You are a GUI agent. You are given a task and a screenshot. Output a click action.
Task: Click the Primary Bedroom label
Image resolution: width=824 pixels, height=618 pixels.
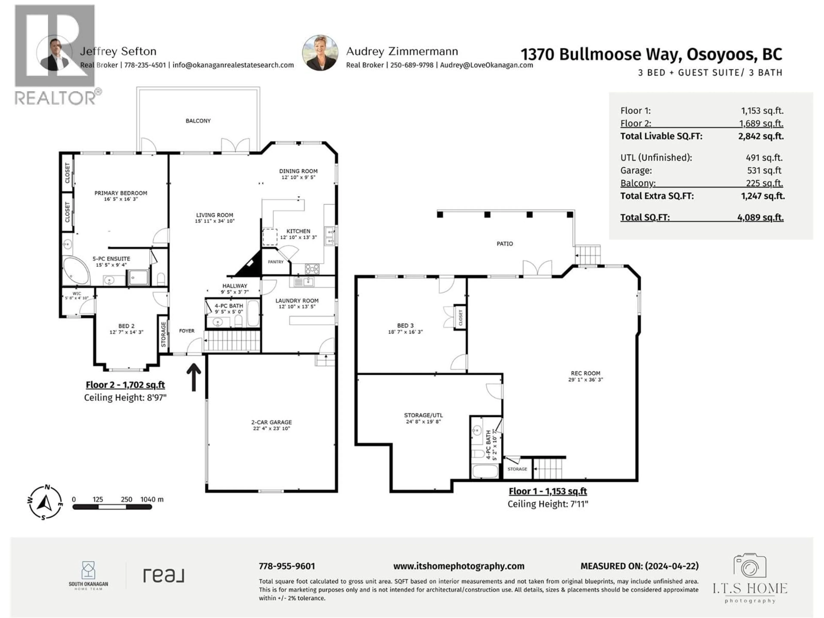(120, 193)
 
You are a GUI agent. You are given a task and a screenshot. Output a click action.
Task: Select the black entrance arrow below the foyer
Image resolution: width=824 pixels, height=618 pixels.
(194, 377)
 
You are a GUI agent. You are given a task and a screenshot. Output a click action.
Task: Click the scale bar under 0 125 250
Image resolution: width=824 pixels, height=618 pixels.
(112, 507)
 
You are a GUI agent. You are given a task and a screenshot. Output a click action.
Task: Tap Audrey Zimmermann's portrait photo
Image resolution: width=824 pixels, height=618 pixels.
(320, 53)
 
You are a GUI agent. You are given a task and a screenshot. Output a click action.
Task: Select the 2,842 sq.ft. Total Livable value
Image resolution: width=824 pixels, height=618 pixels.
(761, 136)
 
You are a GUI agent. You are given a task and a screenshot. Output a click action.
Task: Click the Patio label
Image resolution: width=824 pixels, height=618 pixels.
(504, 244)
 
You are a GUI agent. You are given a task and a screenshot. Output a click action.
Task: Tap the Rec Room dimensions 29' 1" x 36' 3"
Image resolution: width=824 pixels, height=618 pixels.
(585, 380)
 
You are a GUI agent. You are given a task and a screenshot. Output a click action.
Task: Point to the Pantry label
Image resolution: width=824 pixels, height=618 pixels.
(276, 262)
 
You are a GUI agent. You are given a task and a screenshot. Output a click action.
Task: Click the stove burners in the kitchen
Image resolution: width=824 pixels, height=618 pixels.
(312, 269)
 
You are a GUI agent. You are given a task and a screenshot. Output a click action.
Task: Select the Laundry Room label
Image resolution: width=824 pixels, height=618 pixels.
(297, 301)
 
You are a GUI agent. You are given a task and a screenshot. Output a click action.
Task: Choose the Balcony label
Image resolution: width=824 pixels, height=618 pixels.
(198, 121)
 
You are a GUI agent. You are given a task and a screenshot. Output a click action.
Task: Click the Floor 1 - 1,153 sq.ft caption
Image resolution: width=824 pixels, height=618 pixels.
(548, 491)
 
